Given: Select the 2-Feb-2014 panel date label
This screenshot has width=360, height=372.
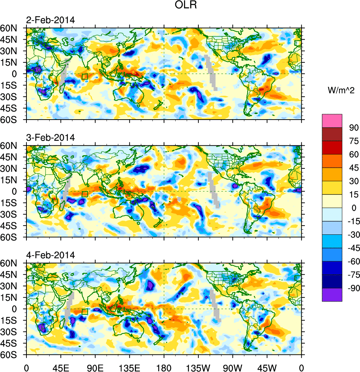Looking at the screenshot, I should coord(50,20).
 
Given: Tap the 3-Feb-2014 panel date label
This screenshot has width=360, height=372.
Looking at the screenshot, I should coord(50,138).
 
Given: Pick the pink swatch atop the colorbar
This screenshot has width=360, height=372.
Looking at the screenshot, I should coord(332,121).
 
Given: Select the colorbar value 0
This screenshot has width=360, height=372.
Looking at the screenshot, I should coord(354,208).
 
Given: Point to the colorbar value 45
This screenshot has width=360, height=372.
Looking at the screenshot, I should coord(354,168).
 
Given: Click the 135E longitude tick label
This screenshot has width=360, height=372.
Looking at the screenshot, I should coord(129,367).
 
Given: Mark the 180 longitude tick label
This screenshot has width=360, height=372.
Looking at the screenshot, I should coord(164,367).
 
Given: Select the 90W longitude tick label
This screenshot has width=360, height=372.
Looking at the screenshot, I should coord(233,367).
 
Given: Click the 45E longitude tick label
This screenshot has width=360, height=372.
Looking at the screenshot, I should coord(60,367).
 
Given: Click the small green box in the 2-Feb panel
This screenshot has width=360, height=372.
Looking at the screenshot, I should coord(85,76).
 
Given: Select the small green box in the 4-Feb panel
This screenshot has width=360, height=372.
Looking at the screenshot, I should coord(85,311).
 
